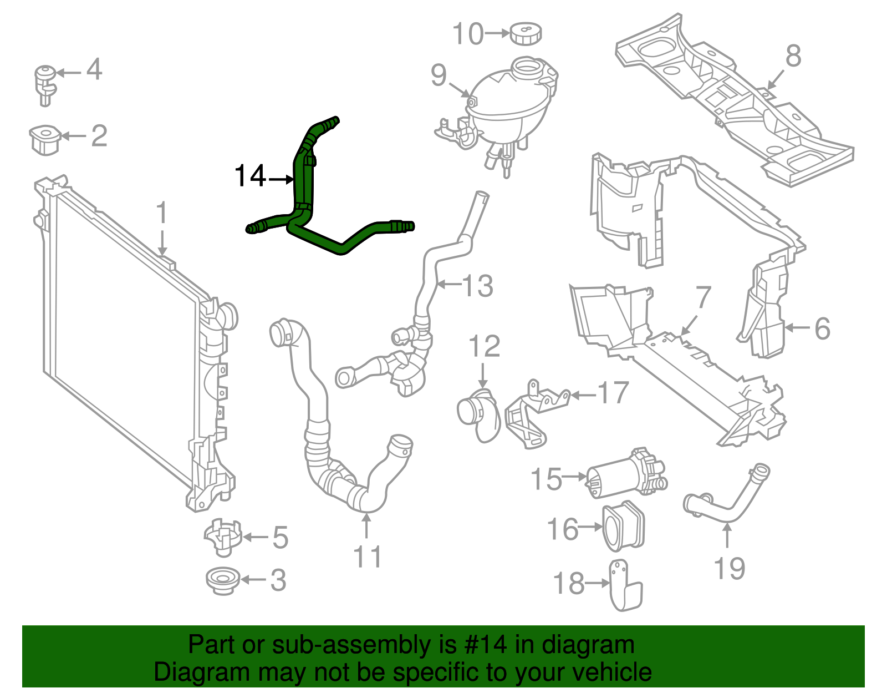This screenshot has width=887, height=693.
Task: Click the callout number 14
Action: point(251,176)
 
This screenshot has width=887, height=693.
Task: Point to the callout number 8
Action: point(793,56)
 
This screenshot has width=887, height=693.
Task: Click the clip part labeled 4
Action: point(45,83)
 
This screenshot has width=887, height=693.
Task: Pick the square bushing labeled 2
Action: point(45,139)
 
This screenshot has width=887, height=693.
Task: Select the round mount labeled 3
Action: point(223,581)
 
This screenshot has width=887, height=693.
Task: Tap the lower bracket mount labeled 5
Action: point(223,537)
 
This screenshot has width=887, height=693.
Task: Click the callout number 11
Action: point(368,557)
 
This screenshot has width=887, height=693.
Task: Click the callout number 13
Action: point(477,286)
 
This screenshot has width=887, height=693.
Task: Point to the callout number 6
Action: point(822,328)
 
